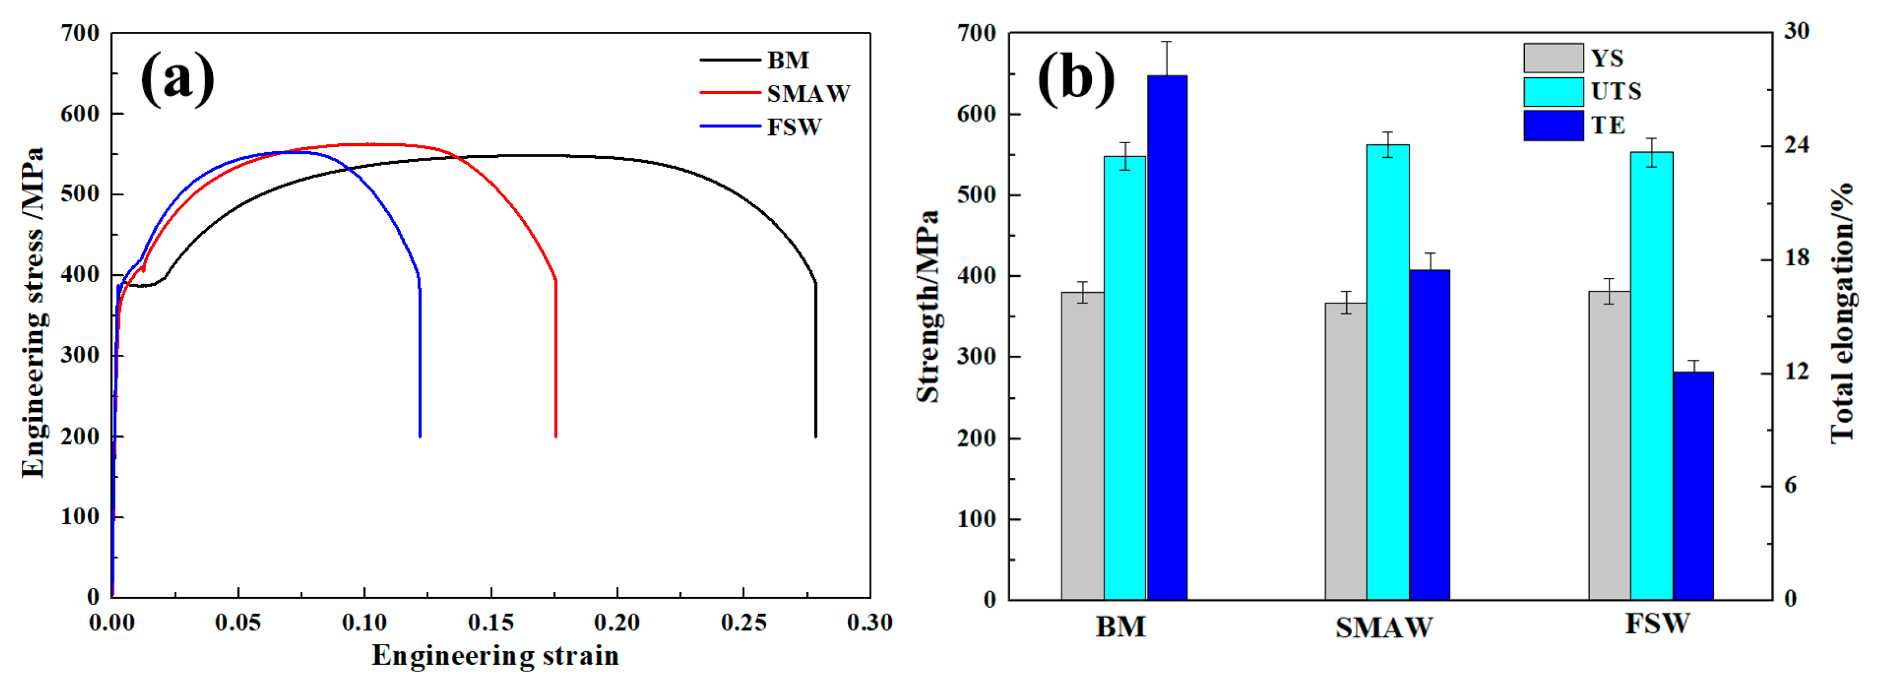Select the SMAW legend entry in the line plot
[x=807, y=93]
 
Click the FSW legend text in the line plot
[x=793, y=128]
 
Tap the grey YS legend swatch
[x=1553, y=58]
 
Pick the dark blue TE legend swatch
[x=1553, y=125]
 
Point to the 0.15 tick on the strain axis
[x=491, y=623]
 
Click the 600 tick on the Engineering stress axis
[x=80, y=114]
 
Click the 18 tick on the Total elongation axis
[x=1796, y=258]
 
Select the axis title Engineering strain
[x=496, y=655]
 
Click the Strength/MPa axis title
[x=927, y=306]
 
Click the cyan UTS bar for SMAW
[x=1388, y=372]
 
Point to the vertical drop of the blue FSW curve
[x=420, y=364]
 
